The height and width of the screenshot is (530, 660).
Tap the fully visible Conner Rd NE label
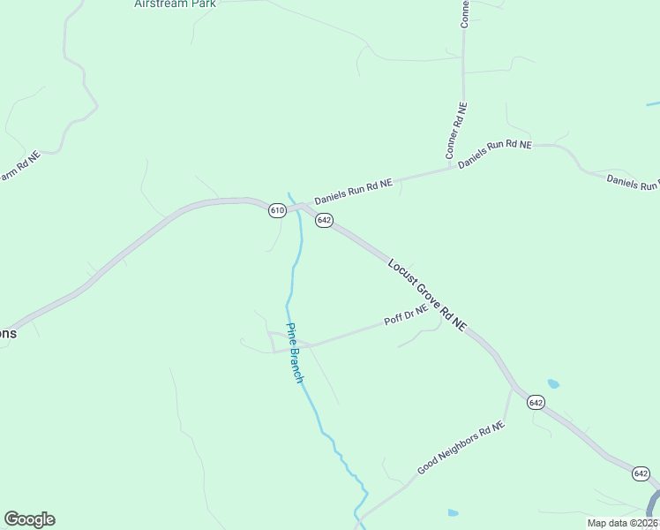[x=456, y=131]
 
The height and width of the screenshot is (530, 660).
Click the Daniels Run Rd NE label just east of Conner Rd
[x=495, y=153]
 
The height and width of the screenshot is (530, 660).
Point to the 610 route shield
[x=277, y=210]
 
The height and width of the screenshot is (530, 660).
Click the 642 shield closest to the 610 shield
[x=324, y=220]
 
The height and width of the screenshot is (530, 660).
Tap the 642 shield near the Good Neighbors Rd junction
[x=536, y=402]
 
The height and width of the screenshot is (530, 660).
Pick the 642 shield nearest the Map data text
[x=641, y=474]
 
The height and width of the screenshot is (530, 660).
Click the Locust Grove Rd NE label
[x=427, y=295]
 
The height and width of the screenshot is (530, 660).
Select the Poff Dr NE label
[x=406, y=314]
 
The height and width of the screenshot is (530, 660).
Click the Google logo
[x=29, y=519]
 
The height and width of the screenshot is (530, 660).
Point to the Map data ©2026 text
[x=623, y=523]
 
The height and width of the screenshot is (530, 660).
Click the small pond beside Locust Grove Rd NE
[x=553, y=384]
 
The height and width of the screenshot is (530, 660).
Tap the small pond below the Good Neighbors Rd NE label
[x=453, y=513]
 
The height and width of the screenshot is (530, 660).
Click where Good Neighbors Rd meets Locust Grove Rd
[x=513, y=386]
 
